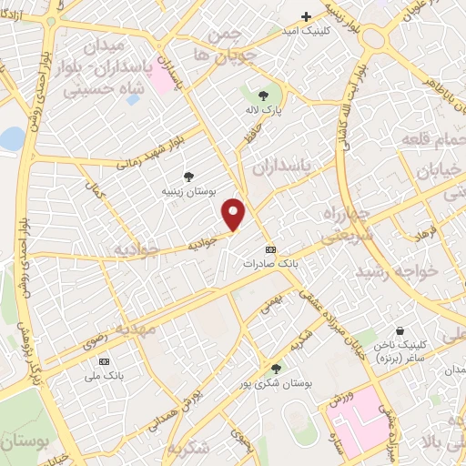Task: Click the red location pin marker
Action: click(x=235, y=214)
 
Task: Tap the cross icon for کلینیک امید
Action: click(x=307, y=16)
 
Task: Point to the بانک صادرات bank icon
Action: click(x=269, y=248)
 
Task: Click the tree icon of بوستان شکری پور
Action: click(x=276, y=368)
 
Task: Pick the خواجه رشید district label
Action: click(x=397, y=271)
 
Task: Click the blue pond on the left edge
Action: click(x=10, y=139)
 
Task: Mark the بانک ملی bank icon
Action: click(x=103, y=360)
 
